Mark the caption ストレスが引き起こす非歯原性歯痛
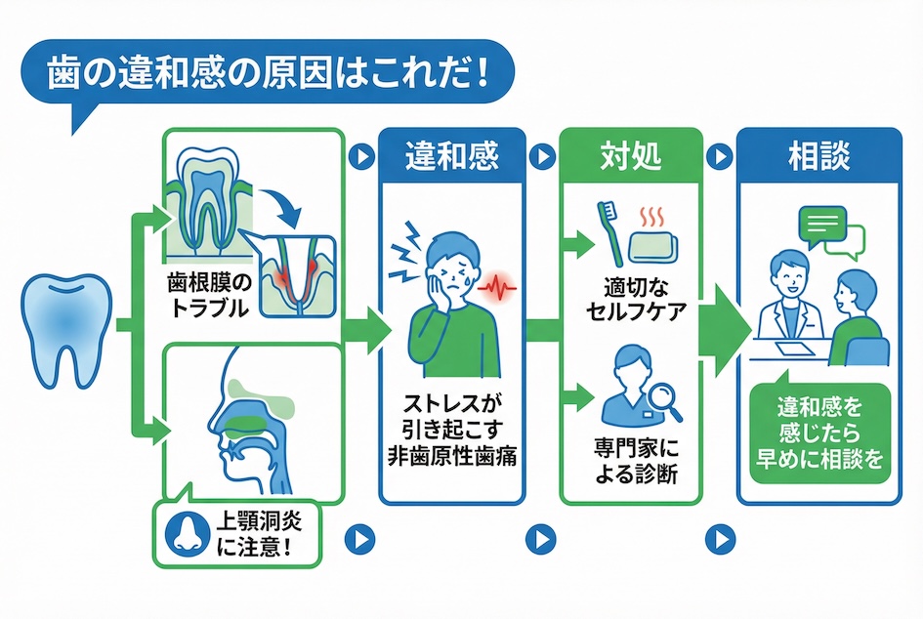[x=450, y=429]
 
